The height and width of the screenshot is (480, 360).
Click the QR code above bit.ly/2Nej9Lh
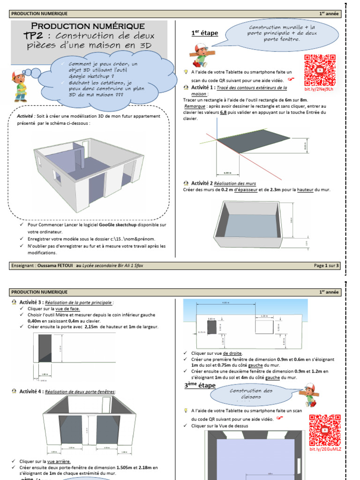[320, 70]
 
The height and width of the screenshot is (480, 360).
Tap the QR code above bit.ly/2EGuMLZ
[325, 430]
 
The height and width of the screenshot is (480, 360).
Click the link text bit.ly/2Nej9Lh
[319, 89]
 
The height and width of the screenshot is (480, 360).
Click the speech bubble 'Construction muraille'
[282, 33]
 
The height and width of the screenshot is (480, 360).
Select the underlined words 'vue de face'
[67, 309]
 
